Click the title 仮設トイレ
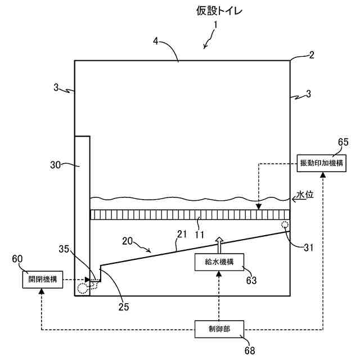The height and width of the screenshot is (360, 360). click(x=219, y=11)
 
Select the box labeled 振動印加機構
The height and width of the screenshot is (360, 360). click(x=321, y=163)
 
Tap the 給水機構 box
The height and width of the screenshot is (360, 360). click(x=219, y=262)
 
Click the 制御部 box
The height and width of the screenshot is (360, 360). click(x=219, y=329)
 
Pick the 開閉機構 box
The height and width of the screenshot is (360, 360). click(x=43, y=280)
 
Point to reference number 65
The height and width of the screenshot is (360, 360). click(x=343, y=142)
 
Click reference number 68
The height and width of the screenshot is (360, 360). click(x=250, y=350)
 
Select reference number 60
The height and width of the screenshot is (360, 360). click(x=17, y=259)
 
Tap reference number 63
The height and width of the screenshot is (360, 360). click(x=251, y=280)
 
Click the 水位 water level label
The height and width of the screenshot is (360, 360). click(x=305, y=195)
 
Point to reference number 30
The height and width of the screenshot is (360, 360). click(x=55, y=165)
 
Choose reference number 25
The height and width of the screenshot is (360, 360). click(x=124, y=307)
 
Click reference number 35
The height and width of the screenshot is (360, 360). click(x=64, y=249)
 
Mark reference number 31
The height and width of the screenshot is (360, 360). click(x=308, y=247)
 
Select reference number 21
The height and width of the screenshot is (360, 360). click(x=182, y=234)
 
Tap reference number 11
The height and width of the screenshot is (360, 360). click(x=199, y=235)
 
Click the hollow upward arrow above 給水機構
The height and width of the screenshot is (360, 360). click(x=219, y=245)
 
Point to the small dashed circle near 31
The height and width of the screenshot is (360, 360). click(x=285, y=224)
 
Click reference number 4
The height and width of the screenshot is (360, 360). click(x=156, y=41)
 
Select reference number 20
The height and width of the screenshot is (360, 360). click(x=127, y=241)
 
